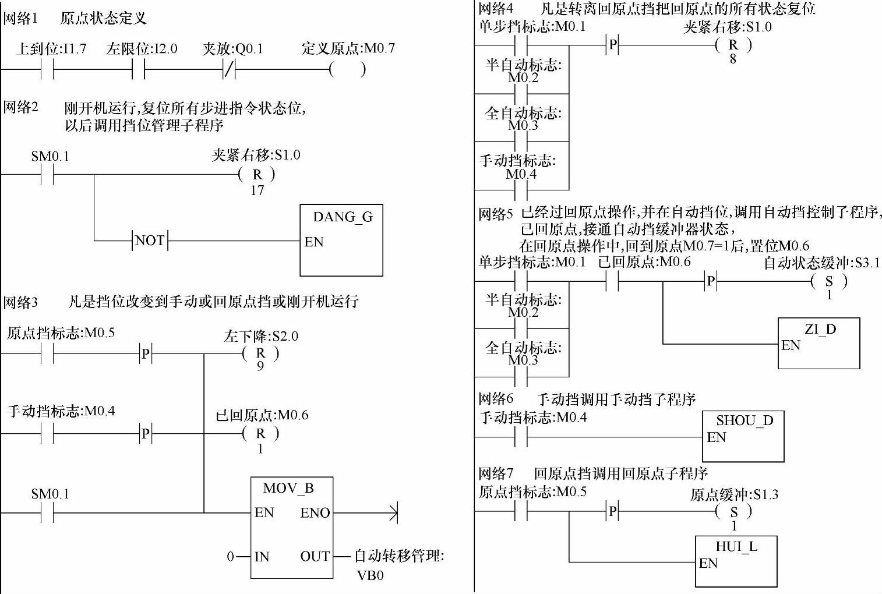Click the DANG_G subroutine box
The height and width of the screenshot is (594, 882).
tap(341, 240)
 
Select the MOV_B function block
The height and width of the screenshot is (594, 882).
tap(292, 528)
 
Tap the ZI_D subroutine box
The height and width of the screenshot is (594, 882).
tap(819, 343)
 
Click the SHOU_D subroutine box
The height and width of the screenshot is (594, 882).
tap(743, 436)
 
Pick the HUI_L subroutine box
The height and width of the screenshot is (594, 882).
tap(736, 561)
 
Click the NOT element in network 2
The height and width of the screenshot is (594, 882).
tap(150, 241)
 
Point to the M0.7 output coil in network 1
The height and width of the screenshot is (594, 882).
tap(348, 70)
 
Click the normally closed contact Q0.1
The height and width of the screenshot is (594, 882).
tap(230, 70)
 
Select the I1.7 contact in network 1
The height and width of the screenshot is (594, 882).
tap(47, 70)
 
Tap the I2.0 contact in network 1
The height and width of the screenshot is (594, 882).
tap(139, 70)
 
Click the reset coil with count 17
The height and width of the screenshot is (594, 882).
tap(257, 174)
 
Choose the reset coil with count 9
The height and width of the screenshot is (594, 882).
tap(260, 353)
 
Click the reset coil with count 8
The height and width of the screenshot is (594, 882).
tap(733, 45)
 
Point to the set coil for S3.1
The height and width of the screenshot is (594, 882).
tap(829, 282)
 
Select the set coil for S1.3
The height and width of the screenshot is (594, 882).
tap(733, 512)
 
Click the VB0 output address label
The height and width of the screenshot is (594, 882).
tap(371, 575)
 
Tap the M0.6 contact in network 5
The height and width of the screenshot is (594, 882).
tap(612, 282)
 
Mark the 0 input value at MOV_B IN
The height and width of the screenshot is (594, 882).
tap(231, 557)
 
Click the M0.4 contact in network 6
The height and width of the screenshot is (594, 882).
tap(521, 437)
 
